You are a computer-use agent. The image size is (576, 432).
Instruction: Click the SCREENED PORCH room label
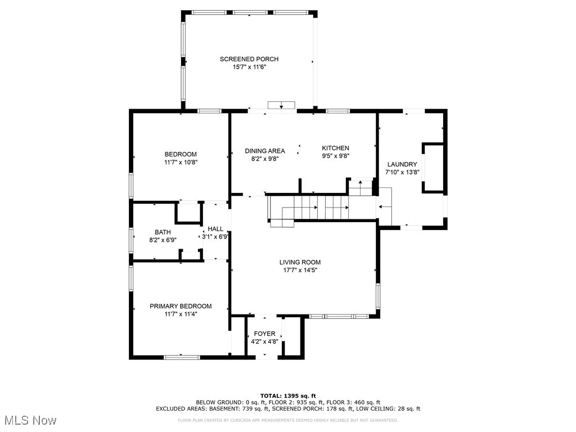pos(249,58)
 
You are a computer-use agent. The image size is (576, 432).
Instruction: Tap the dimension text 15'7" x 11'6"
pos(249,67)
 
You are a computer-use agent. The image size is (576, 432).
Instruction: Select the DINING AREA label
pos(265,151)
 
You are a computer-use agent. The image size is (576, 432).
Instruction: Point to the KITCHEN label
pos(335,148)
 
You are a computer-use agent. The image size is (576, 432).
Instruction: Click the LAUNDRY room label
pos(402,164)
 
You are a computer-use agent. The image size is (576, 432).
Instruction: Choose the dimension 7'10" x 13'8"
pos(402,172)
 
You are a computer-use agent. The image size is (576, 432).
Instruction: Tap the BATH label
pos(163,232)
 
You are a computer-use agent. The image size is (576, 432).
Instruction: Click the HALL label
pos(215,229)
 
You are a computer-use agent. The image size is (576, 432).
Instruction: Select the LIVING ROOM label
pos(300,262)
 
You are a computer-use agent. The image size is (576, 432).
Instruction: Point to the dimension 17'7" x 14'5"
pos(300,270)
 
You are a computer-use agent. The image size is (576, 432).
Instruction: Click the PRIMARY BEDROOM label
pos(181,306)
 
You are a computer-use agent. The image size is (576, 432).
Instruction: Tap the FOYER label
pos(264,334)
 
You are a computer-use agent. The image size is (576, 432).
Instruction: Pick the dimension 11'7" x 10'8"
pos(181,162)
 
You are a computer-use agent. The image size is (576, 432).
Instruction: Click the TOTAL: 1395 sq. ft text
pos(288,395)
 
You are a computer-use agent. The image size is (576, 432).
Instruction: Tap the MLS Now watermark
pos(30,420)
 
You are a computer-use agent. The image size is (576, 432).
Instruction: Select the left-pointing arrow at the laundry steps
pos(385,207)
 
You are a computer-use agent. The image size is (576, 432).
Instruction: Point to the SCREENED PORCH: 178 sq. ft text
pos(312,408)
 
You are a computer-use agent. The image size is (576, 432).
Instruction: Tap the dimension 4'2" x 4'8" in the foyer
pos(264,341)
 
